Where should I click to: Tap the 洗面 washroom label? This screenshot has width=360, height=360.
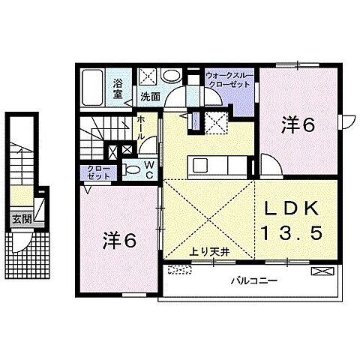pyautogui.click(x=150, y=97)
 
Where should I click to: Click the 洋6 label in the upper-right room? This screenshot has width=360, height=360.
pyautogui.click(x=297, y=126)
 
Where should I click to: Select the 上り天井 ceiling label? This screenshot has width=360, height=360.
pyautogui.click(x=207, y=253)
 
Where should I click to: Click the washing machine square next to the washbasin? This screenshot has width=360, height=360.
pyautogui.click(x=146, y=76)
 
